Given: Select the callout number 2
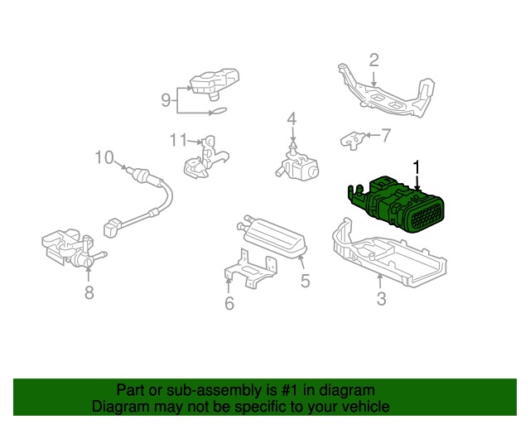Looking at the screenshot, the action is tap(373, 60).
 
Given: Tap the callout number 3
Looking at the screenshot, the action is tap(381, 299).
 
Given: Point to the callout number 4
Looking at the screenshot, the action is tap(291, 119).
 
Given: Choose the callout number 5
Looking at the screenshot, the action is tap(306, 281).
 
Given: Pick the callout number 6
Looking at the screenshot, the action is tap(229, 303).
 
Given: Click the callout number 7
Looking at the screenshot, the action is tap(386, 135).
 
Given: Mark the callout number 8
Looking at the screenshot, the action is tap(89, 293).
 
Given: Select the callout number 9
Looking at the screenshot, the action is tap(166, 100).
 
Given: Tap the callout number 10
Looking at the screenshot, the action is tap(104, 157).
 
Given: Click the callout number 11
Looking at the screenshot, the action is tap(178, 140).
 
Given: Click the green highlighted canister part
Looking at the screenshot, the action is tap(396, 205).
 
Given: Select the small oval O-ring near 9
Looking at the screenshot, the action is tap(219, 111).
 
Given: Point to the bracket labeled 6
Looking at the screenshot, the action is tap(250, 269).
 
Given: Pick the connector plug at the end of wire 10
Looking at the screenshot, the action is tap(113, 227).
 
